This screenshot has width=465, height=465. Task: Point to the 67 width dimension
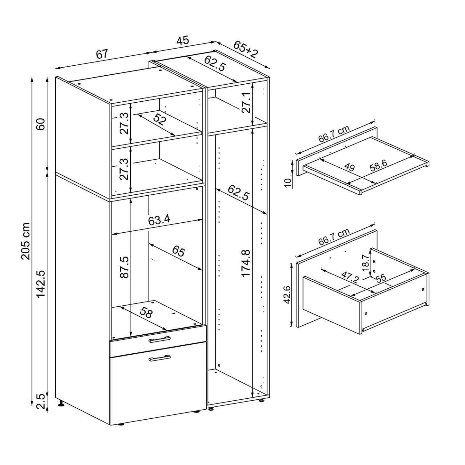[102, 54]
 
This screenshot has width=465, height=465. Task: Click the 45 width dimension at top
[182, 41]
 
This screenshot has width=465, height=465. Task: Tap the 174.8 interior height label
[246, 263]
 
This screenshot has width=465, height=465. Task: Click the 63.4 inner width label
[159, 220]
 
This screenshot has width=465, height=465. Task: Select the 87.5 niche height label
[124, 267]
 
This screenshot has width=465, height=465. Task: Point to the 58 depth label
[146, 313]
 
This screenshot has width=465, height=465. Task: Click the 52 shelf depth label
[159, 119]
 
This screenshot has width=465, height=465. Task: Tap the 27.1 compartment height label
[246, 103]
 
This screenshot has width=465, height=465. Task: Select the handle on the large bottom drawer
[159, 358]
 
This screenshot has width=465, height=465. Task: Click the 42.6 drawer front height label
[287, 294]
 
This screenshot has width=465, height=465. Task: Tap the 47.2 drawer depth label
[350, 277]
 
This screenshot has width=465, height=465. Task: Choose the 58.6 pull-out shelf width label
[378, 165]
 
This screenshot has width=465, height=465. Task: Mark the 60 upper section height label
[41, 124]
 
